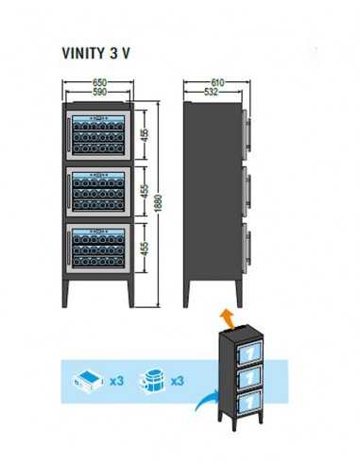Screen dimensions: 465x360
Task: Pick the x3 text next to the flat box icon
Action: (116, 382)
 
